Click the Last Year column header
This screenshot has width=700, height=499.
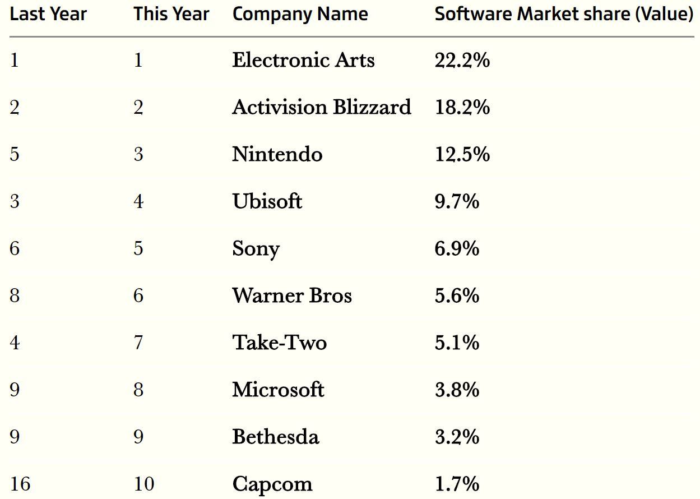(x=48, y=14)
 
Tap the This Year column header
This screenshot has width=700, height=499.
(x=171, y=14)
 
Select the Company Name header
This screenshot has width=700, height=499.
(x=300, y=15)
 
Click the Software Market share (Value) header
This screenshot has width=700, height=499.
(x=564, y=15)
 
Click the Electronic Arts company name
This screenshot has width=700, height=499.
(x=303, y=60)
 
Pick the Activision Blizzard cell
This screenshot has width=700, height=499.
(x=322, y=107)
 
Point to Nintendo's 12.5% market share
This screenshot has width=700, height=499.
(x=462, y=154)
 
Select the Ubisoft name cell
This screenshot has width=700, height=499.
(x=267, y=201)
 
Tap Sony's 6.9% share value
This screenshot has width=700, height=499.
(x=457, y=248)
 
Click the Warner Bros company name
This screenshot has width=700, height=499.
(x=292, y=295)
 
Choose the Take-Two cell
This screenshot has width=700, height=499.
(x=279, y=343)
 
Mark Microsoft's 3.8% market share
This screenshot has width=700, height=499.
(x=457, y=390)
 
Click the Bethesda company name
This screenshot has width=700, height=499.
(x=276, y=436)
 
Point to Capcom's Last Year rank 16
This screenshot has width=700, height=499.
(x=20, y=484)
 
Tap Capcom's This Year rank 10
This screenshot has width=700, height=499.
(x=144, y=484)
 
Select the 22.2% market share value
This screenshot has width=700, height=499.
(x=462, y=60)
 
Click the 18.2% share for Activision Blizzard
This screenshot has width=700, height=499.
(x=462, y=107)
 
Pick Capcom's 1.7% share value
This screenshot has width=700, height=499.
(x=457, y=484)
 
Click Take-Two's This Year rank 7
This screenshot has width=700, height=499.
(x=138, y=343)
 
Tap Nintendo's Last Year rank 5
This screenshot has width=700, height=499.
(x=15, y=154)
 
